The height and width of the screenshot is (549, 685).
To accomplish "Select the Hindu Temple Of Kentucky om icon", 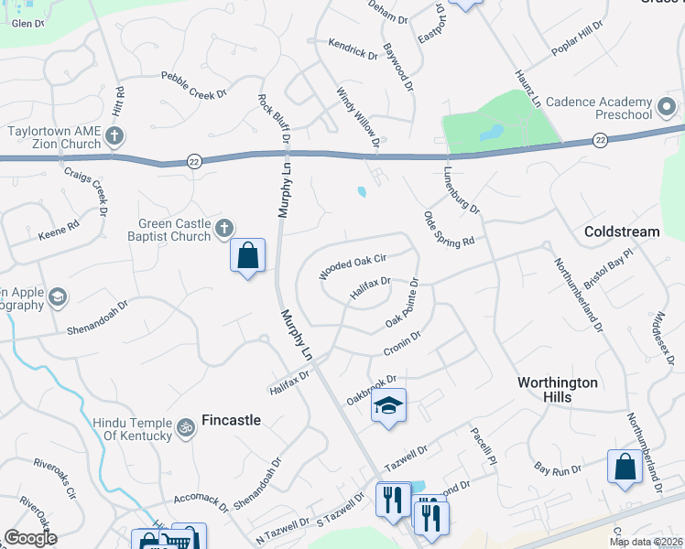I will (185, 427).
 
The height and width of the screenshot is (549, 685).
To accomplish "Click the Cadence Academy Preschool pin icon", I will (667, 108).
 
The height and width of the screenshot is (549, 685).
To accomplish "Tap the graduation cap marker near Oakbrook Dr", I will (388, 405).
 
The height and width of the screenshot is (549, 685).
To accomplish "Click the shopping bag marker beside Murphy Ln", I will (248, 255).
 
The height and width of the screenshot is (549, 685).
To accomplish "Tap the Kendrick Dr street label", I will (353, 48).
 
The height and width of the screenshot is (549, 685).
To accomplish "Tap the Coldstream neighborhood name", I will (622, 232).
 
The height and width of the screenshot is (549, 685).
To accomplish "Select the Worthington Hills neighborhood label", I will (557, 389).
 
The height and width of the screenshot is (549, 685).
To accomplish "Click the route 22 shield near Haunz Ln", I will (600, 139).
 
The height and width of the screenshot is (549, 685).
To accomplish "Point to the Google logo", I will (31, 538).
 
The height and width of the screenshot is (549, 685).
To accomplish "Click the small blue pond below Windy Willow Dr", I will (363, 192).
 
